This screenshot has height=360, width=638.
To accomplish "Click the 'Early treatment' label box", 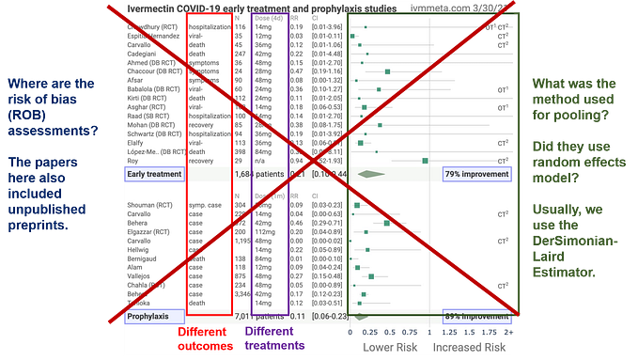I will click(155, 174).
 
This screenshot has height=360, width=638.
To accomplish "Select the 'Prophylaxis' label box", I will click(150, 318).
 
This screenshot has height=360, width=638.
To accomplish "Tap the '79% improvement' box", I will click(477, 174).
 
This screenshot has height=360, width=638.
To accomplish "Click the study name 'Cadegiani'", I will click(145, 55).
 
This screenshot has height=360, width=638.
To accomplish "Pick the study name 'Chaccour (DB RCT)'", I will click(156, 70).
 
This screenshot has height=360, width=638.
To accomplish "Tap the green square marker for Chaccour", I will click(387, 70).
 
